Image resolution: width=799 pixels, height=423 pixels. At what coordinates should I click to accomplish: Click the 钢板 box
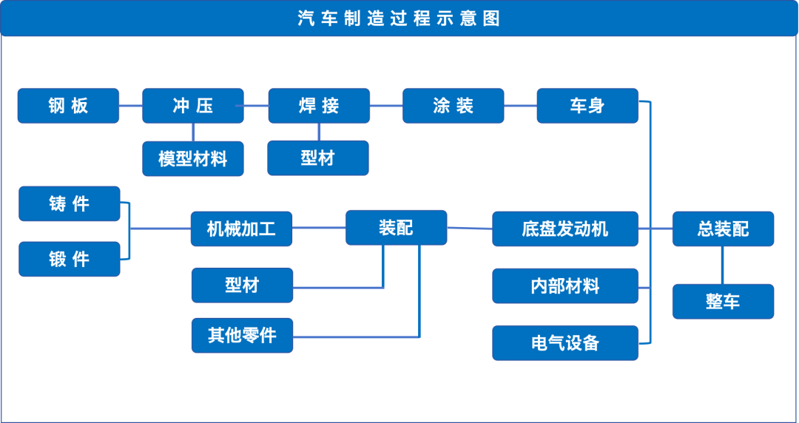[68, 106]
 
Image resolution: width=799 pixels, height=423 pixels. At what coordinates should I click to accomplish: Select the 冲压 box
[193, 106]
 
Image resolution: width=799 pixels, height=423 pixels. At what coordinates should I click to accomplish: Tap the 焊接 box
[319, 106]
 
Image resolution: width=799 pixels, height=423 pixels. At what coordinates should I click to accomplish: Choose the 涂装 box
[453, 106]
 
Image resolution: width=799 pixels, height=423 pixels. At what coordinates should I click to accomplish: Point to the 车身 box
[587, 106]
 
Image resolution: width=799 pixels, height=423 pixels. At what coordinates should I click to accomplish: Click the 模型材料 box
[193, 159]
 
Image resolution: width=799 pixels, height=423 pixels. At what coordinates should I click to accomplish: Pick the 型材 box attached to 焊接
[318, 158]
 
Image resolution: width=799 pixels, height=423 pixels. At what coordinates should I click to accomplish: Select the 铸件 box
[70, 204]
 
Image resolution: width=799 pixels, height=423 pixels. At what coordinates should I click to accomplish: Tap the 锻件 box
[70, 260]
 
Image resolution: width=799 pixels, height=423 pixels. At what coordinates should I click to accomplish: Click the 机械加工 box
[241, 229]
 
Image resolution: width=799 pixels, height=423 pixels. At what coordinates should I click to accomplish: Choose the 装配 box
[397, 228]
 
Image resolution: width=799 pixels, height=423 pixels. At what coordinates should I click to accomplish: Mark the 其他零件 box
[243, 336]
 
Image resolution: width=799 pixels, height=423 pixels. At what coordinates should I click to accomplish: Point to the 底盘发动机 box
[565, 229]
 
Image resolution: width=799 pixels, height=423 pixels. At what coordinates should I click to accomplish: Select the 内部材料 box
[565, 286]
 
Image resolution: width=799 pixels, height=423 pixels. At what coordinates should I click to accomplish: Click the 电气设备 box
[565, 343]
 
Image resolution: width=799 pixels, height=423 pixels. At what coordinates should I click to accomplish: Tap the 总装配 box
[723, 229]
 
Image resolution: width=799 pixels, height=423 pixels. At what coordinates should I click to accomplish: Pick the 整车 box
[723, 302]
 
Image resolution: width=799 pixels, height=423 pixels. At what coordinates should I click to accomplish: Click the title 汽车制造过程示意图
[399, 18]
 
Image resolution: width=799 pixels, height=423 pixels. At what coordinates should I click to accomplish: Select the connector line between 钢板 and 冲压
[131, 106]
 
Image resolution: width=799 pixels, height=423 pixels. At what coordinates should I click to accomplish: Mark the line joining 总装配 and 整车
[722, 265]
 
